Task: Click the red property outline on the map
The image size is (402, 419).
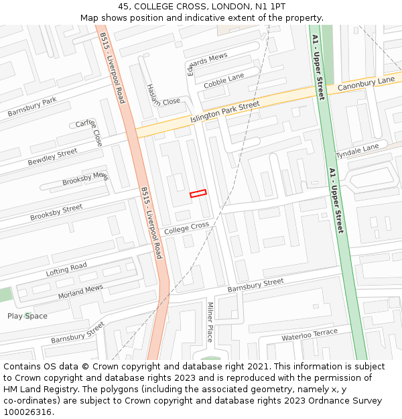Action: click(198, 194)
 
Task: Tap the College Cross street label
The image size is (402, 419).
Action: click(186, 228)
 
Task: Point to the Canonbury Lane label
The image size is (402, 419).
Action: click(366, 84)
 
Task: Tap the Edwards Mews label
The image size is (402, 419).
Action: click(207, 65)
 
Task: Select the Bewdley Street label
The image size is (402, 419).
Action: click(52, 158)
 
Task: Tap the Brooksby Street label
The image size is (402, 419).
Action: click(56, 213)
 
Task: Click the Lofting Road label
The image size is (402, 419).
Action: click(66, 270)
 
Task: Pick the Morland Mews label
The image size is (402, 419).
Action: click(80, 292)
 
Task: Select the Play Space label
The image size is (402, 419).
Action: click(27, 316)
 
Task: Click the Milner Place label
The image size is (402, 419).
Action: click(210, 322)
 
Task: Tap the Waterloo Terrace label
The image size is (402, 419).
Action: click(310, 335)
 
